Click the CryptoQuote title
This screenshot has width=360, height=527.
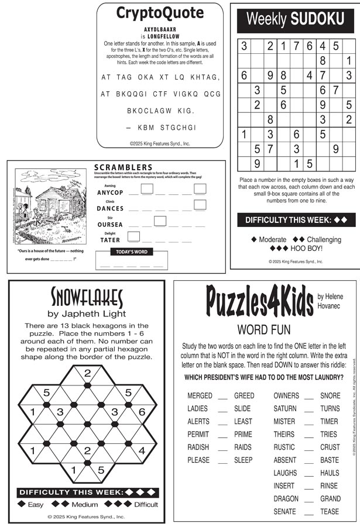click(160, 13)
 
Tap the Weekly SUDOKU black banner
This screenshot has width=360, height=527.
click(295, 19)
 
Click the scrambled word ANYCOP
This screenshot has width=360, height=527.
click(110, 192)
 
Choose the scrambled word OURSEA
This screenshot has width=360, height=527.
click(110, 225)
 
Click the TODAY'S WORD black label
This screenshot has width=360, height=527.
click(132, 252)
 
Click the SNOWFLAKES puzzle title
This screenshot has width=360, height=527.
click(87, 298)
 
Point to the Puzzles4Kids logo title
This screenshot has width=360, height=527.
click(259, 302)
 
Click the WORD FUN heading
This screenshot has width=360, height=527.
click(264, 329)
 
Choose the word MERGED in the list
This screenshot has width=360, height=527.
click(200, 396)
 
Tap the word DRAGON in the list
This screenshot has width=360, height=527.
click(286, 499)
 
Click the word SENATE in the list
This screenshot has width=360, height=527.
click(285, 512)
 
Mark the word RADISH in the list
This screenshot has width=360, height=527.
click(198, 447)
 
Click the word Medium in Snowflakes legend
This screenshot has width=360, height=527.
click(85, 504)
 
